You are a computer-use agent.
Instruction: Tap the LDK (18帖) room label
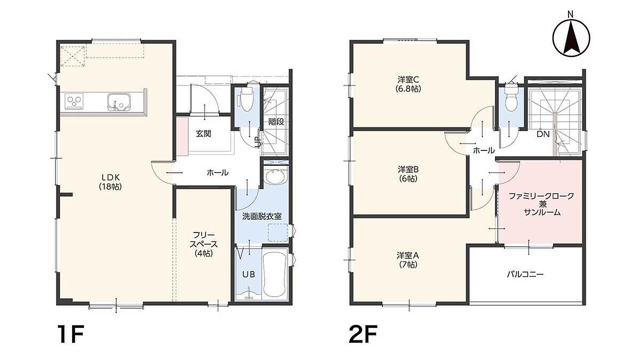click(x=110, y=182)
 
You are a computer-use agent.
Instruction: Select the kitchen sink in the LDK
click(x=119, y=102)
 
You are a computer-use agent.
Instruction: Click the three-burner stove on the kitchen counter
click(x=74, y=101)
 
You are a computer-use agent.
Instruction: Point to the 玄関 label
click(x=203, y=134)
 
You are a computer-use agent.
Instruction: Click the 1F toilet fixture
click(x=247, y=99)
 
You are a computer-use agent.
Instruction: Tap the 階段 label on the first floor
click(x=276, y=122)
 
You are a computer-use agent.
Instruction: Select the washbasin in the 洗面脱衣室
click(x=275, y=177)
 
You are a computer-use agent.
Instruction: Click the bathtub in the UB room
click(x=275, y=275)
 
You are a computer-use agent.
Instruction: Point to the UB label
click(x=249, y=274)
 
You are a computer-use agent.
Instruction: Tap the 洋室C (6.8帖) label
click(x=409, y=84)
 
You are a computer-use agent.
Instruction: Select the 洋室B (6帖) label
click(x=409, y=174)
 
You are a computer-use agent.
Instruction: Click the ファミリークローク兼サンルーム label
click(x=541, y=204)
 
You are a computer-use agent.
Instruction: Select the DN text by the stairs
click(x=543, y=134)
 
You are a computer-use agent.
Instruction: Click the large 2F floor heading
click(x=363, y=334)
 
